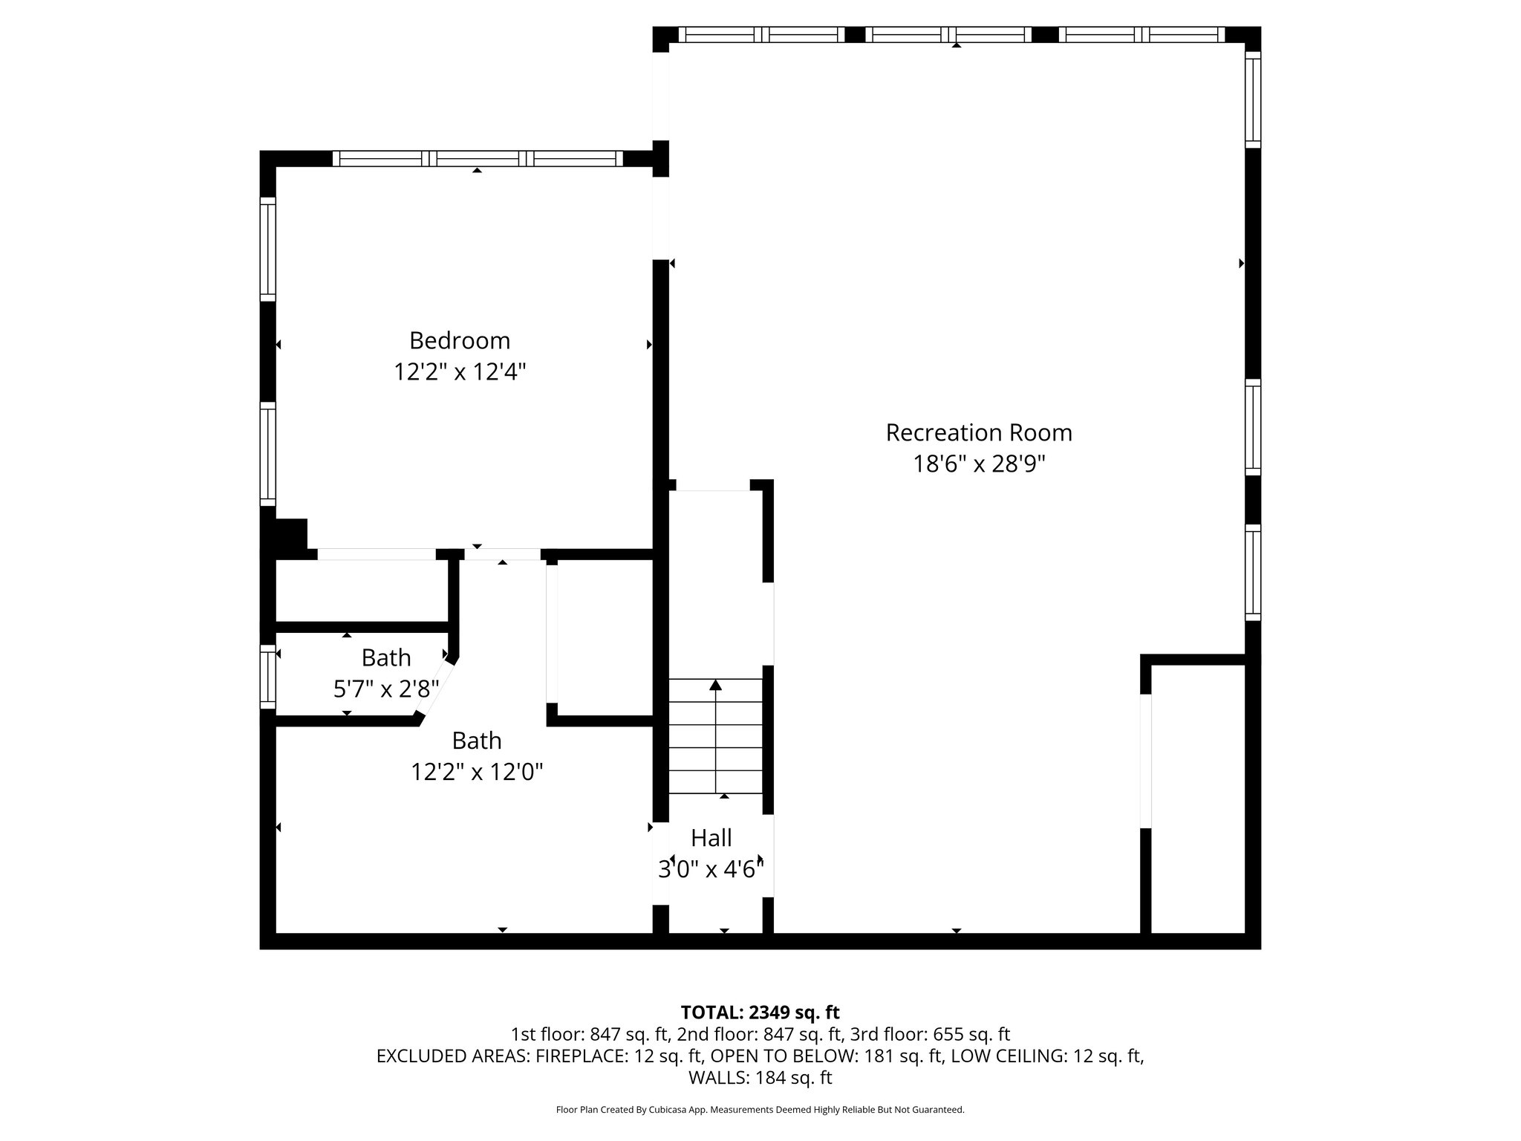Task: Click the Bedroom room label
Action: (x=460, y=340)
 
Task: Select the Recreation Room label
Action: (x=978, y=432)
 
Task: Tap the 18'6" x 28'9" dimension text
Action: (x=978, y=464)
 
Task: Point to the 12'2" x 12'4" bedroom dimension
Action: (x=460, y=371)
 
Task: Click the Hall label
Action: (x=711, y=838)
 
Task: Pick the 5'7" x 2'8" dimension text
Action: (x=385, y=689)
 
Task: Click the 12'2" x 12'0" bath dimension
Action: (x=477, y=773)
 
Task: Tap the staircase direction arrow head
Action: (x=715, y=685)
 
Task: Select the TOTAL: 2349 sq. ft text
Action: (x=760, y=1012)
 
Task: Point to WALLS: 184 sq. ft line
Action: (x=760, y=1078)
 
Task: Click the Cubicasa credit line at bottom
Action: (x=760, y=1110)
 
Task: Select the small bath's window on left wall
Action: (x=267, y=676)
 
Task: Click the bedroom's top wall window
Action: (x=478, y=158)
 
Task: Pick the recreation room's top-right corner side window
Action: (x=1252, y=100)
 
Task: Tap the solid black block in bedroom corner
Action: (x=290, y=535)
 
